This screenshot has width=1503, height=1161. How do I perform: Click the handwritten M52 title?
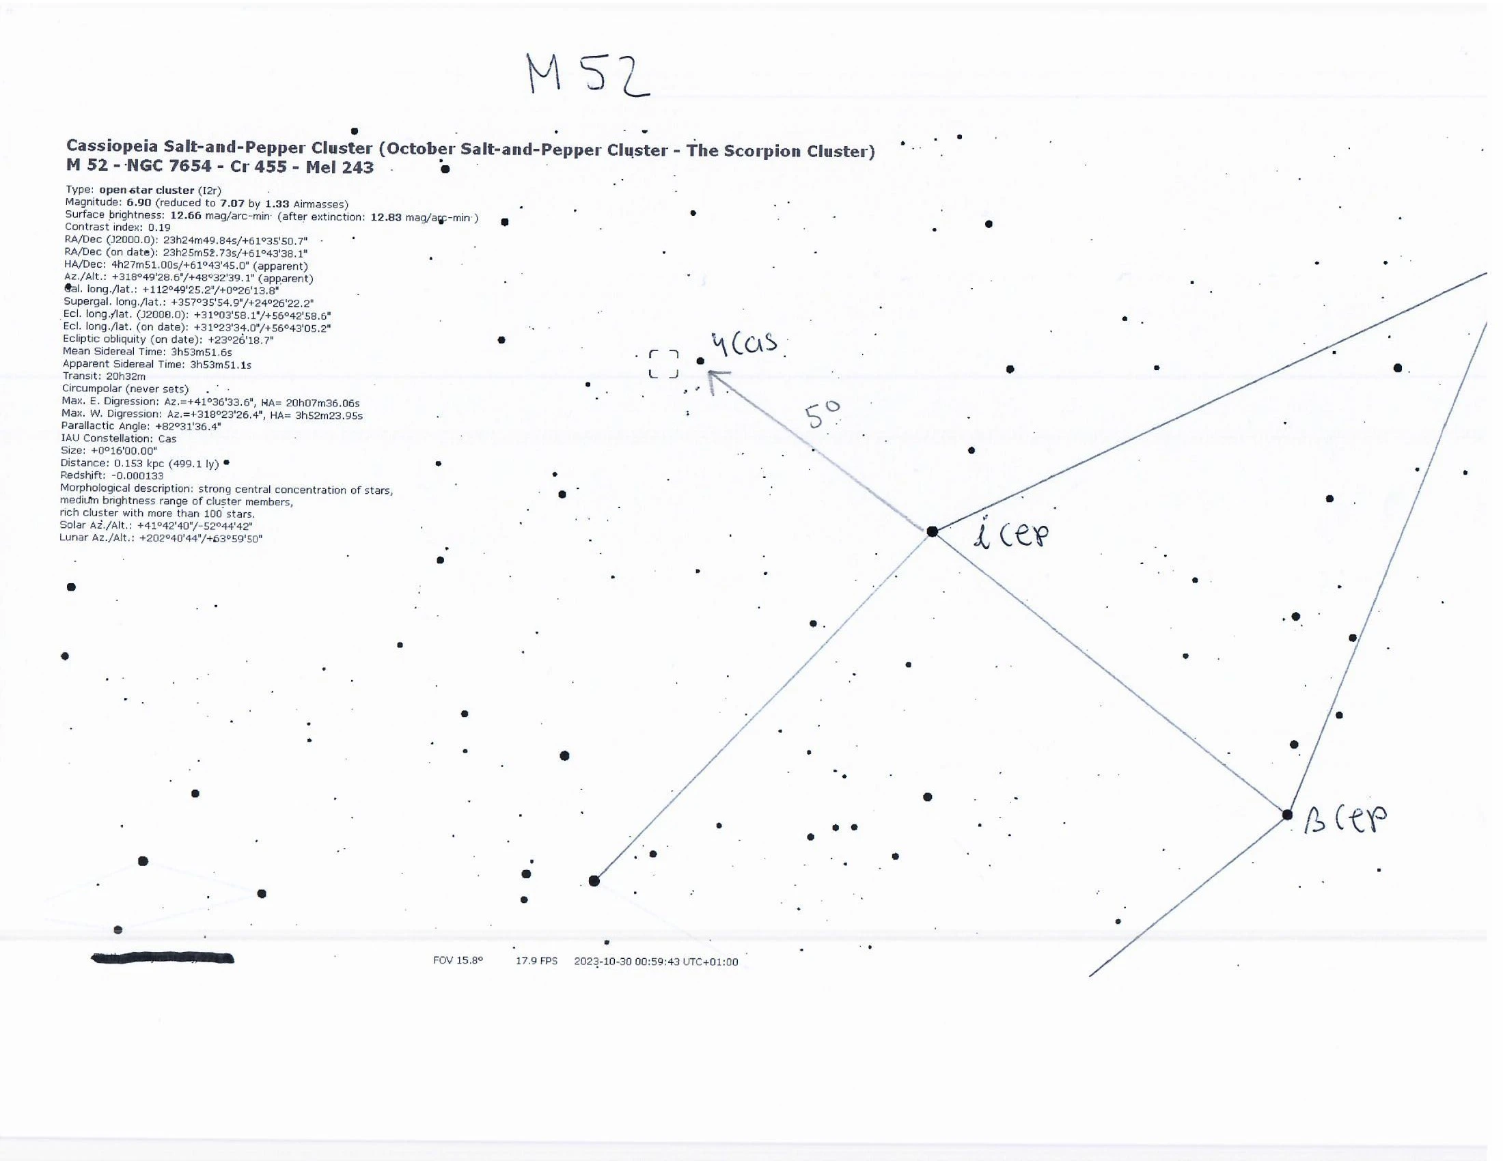589,74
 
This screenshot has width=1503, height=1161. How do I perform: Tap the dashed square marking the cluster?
663,352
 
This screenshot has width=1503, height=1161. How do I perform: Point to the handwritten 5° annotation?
823,415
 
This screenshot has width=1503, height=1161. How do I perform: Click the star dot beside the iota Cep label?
932,531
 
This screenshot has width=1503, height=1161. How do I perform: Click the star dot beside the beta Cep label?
1287,815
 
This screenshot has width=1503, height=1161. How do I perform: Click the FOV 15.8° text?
458,960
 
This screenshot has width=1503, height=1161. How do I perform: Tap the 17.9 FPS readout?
537,961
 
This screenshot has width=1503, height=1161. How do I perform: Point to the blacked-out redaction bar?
163,958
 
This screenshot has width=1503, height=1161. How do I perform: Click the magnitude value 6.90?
139,203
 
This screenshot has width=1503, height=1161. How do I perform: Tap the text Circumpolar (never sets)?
125,389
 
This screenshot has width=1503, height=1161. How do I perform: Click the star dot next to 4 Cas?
700,361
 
